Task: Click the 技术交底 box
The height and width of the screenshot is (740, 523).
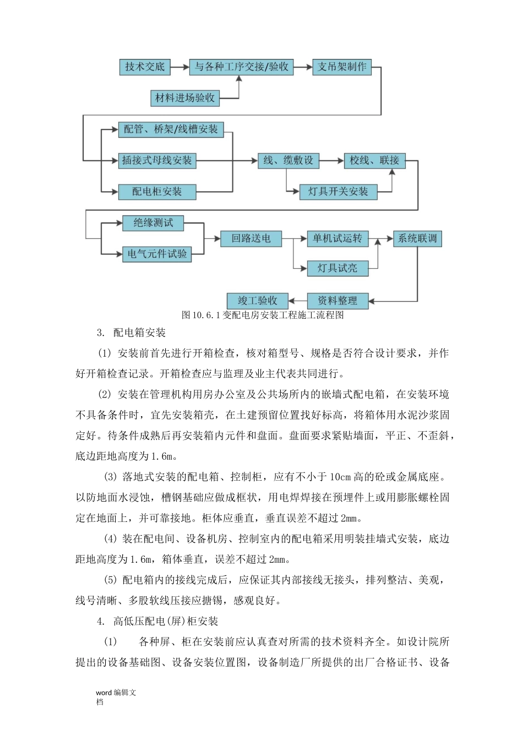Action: click(x=145, y=67)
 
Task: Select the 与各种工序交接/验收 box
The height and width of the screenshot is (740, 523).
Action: click(x=241, y=67)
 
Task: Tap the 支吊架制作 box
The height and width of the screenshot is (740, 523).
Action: click(x=342, y=67)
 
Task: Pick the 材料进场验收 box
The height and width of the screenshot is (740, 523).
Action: click(x=185, y=98)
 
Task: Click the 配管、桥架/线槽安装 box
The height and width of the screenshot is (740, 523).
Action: click(x=171, y=129)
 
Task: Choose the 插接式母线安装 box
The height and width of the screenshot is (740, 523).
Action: click(x=157, y=161)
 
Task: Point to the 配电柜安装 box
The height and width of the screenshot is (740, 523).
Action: click(x=157, y=192)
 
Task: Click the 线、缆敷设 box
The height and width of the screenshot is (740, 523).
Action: click(x=288, y=161)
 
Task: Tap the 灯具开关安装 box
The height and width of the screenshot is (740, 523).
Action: click(x=338, y=192)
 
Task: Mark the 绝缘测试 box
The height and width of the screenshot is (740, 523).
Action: click(x=153, y=223)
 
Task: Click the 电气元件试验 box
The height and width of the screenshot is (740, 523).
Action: click(x=157, y=254)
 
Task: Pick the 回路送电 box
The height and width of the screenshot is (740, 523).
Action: click(x=251, y=239)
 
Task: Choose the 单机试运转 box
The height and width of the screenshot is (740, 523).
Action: click(x=337, y=239)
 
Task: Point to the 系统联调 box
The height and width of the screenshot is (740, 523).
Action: click(x=417, y=239)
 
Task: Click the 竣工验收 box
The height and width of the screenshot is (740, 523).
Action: click(x=258, y=301)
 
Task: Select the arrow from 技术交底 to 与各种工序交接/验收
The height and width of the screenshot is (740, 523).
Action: click(x=180, y=67)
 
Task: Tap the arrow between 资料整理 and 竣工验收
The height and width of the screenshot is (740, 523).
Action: click(x=298, y=301)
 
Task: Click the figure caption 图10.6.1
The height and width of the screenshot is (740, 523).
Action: click(x=263, y=315)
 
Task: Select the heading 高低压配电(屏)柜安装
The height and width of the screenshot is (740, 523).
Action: click(x=165, y=621)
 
